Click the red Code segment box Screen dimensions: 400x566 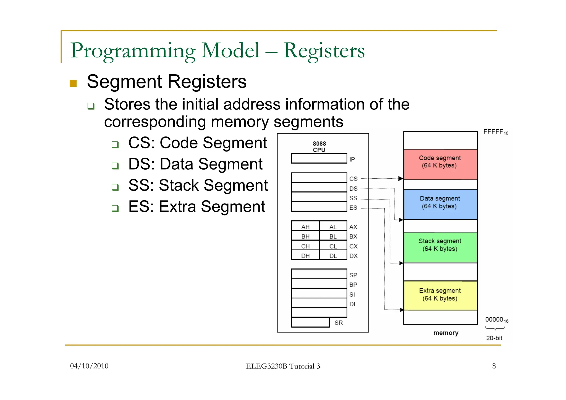point(440,164)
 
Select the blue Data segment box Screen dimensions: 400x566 point(440,204)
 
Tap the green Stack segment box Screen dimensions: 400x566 point(440,247)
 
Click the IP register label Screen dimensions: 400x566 point(352,159)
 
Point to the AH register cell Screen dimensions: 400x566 point(305,227)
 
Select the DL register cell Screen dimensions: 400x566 point(333,256)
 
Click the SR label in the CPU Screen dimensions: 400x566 point(338,323)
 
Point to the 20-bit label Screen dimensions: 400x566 point(494,338)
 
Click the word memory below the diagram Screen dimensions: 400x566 point(446,333)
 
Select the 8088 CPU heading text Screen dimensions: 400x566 point(319,147)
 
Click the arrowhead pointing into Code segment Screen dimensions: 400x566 point(400,178)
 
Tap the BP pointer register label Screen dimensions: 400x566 point(353,285)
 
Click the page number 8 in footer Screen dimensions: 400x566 point(494,366)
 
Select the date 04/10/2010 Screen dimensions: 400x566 point(89,366)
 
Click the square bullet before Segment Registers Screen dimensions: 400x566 point(73,83)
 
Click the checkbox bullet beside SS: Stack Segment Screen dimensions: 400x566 point(115,187)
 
